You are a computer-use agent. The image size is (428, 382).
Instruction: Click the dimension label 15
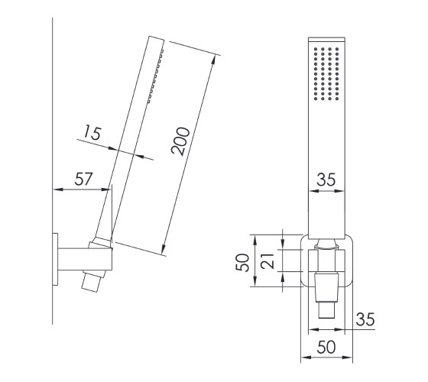click(92, 132)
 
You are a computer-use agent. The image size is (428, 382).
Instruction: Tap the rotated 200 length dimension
click(180, 141)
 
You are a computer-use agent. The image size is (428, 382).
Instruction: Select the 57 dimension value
click(84, 179)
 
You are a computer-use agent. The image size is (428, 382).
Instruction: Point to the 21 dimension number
click(267, 261)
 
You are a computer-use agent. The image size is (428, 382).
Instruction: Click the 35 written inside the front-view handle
click(326, 180)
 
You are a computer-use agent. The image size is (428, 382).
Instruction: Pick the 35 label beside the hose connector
click(365, 319)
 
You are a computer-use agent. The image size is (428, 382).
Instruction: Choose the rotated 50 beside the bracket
click(243, 263)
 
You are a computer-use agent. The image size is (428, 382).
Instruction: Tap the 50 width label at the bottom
click(326, 348)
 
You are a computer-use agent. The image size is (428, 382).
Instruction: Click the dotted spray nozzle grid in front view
click(326, 73)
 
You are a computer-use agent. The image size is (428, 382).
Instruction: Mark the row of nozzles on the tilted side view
click(156, 76)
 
